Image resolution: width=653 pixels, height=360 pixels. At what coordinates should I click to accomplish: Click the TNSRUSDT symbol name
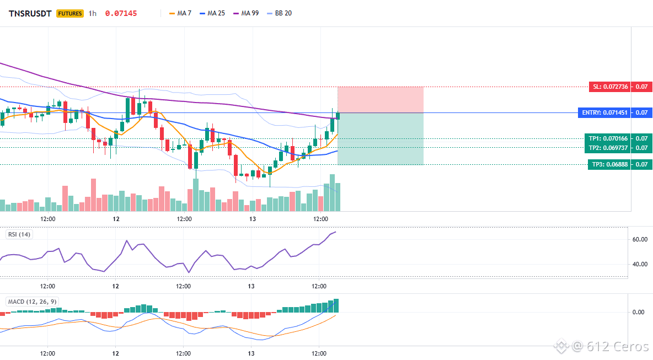[30, 13]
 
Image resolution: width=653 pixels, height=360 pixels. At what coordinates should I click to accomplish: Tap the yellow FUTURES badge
[70, 13]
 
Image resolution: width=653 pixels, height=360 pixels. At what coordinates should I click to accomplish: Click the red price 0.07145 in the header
[121, 13]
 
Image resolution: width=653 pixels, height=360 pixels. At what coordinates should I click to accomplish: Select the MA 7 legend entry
[180, 13]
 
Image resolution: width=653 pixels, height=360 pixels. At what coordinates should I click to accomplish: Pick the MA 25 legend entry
[212, 13]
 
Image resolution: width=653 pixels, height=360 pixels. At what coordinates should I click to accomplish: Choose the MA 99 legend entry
[246, 13]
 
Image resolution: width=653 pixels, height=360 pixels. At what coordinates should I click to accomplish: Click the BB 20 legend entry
[280, 13]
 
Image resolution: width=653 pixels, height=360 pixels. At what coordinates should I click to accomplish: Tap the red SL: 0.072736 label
[609, 87]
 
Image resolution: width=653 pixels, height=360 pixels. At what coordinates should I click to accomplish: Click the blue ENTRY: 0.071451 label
[604, 112]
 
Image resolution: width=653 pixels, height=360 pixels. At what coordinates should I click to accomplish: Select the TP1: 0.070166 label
[608, 138]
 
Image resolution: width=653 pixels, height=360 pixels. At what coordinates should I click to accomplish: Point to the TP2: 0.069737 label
[608, 148]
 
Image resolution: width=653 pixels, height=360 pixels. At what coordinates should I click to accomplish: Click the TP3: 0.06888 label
[609, 164]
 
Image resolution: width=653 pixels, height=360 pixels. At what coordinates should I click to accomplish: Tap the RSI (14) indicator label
[19, 234]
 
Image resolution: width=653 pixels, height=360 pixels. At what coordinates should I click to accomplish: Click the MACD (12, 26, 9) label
[32, 302]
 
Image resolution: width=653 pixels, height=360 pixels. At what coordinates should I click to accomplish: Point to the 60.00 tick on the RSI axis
[640, 239]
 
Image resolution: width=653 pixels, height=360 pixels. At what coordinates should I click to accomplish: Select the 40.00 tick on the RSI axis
[640, 264]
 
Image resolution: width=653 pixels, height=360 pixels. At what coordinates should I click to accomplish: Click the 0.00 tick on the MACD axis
[638, 311]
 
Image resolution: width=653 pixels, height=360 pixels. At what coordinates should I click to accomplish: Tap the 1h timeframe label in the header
[93, 13]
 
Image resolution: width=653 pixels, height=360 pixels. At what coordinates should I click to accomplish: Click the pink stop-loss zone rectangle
[380, 100]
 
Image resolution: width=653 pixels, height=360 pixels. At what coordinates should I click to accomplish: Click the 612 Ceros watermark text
[617, 346]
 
